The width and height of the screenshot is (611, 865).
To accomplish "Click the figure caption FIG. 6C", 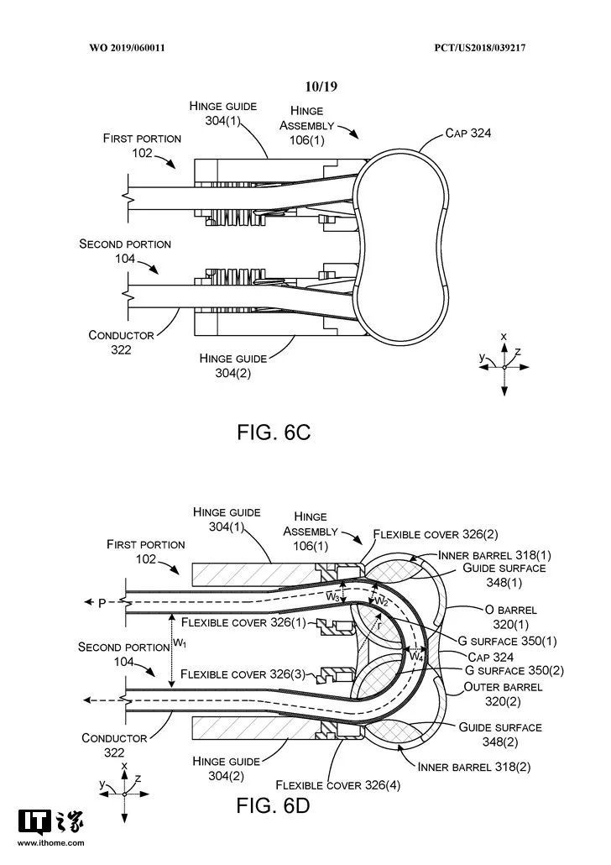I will click(274, 432).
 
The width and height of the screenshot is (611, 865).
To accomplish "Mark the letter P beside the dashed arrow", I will click(102, 602).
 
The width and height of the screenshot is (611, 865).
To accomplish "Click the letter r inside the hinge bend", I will click(379, 624).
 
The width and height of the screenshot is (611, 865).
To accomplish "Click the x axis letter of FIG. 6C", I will click(504, 336).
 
